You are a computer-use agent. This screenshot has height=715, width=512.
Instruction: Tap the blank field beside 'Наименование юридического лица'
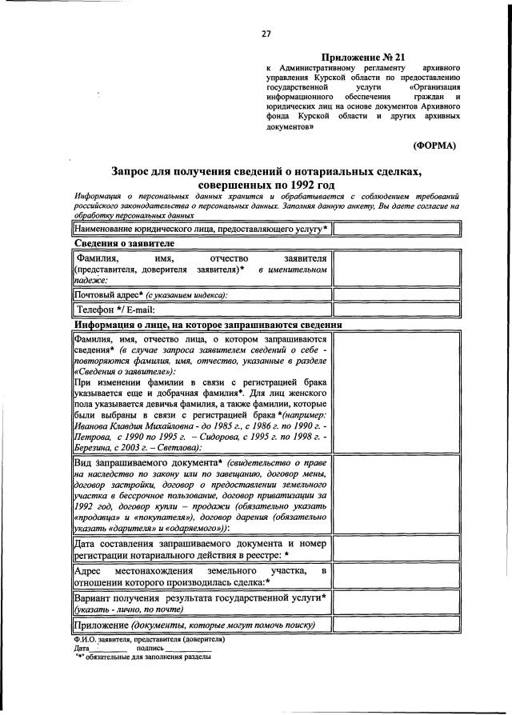tap(398, 229)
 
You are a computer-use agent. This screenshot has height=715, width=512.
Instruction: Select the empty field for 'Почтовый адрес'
tap(398, 294)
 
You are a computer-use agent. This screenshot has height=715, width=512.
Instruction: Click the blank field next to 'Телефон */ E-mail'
tap(398, 309)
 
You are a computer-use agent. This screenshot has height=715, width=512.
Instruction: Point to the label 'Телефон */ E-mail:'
tap(115, 310)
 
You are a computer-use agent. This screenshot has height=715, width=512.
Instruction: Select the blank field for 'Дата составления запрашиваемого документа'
tap(398, 549)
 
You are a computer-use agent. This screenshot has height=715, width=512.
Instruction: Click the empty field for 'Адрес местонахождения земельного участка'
tap(398, 577)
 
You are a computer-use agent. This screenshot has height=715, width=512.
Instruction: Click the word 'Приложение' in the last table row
tap(101, 625)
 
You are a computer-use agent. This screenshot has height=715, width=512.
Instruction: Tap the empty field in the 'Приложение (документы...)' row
tap(398, 625)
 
